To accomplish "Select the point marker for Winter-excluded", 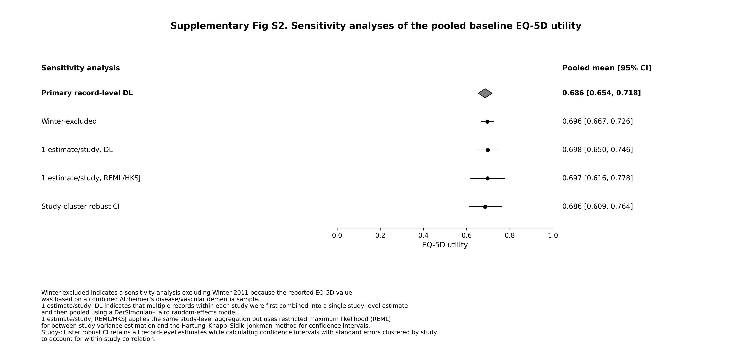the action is (x=487, y=121).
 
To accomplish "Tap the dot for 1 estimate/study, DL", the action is (x=488, y=150).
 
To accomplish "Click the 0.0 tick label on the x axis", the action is (x=337, y=236).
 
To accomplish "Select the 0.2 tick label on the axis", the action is (x=380, y=236).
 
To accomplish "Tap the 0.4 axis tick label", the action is (x=423, y=236).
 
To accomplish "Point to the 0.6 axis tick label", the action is (x=467, y=236).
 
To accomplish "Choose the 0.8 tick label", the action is (x=510, y=236).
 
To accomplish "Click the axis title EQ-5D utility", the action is (x=445, y=245).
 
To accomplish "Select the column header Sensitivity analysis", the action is (x=81, y=68).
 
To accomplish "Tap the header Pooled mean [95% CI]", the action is (x=607, y=68).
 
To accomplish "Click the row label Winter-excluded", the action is (x=69, y=121).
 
